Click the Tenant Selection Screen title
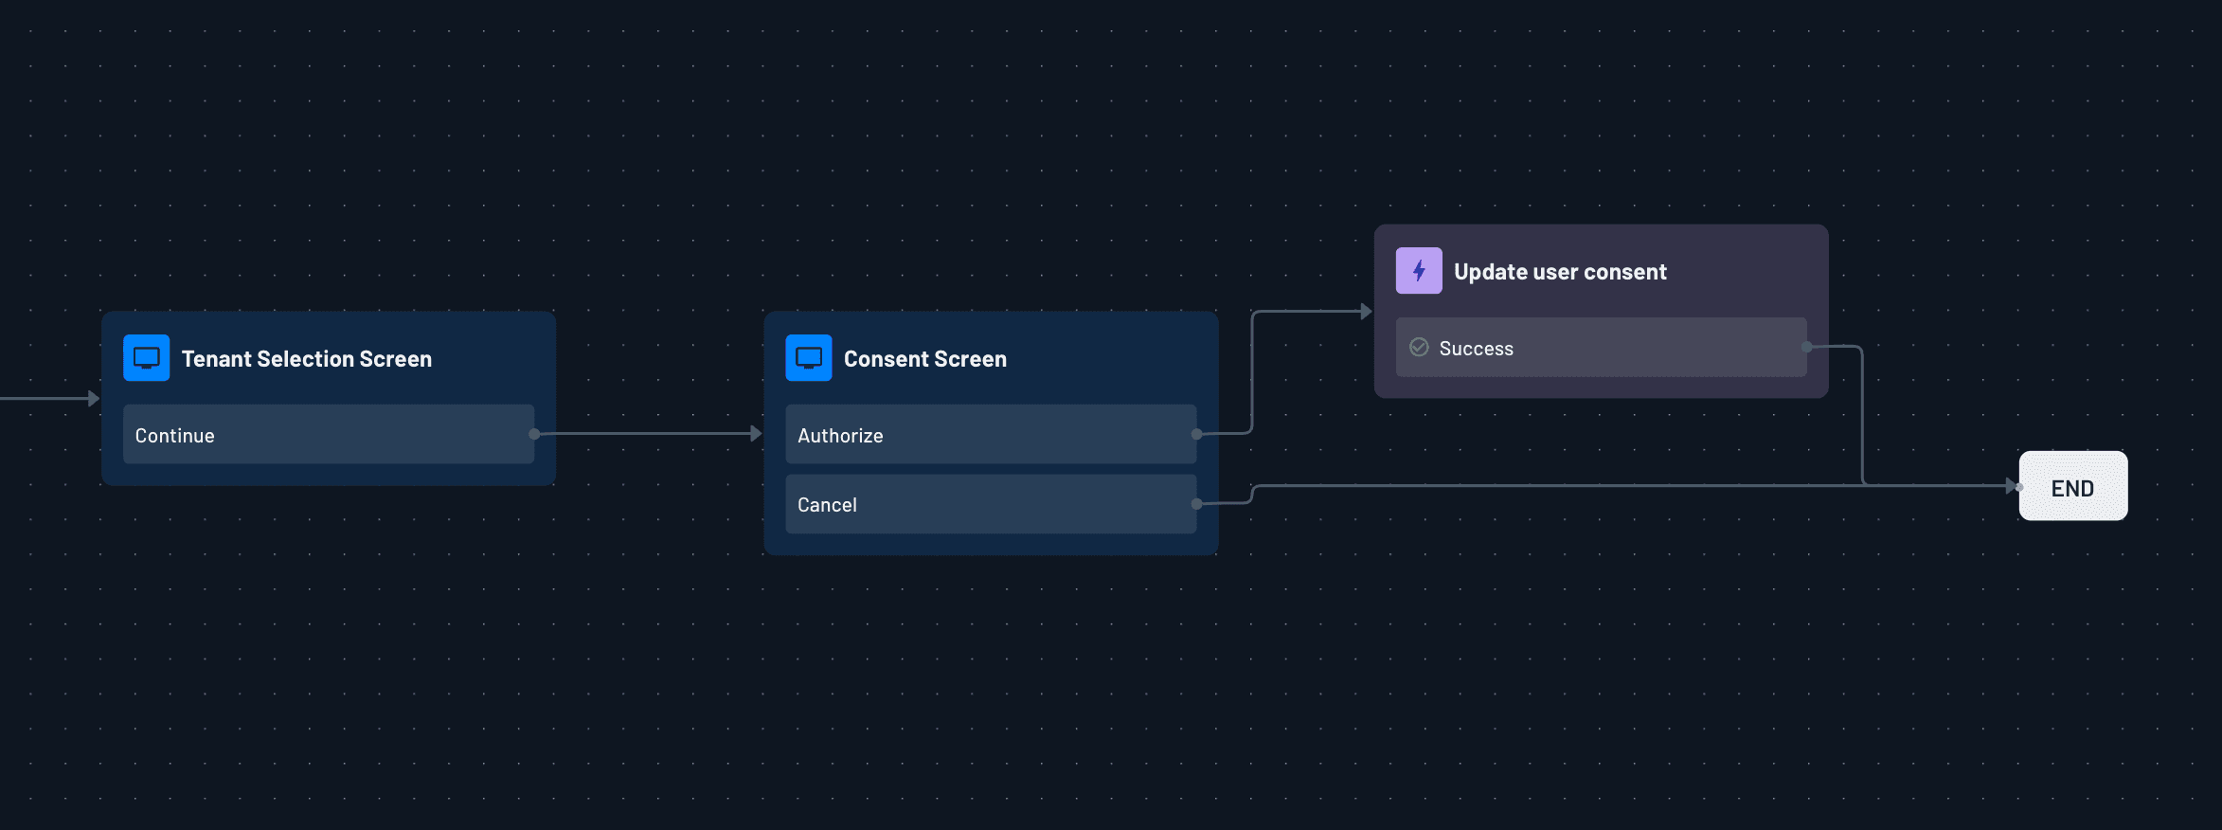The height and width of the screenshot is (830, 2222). pyautogui.click(x=306, y=359)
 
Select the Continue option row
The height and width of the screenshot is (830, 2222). pyautogui.click(x=328, y=435)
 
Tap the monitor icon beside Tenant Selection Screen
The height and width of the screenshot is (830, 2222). pyautogui.click(x=147, y=358)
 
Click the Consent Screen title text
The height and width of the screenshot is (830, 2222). pyautogui.click(x=924, y=359)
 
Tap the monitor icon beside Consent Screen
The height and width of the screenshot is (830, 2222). pyautogui.click(x=809, y=358)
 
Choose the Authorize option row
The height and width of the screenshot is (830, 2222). pyautogui.click(x=990, y=435)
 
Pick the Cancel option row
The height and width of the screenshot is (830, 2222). pyautogui.click(x=990, y=504)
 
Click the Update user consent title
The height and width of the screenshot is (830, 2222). pyautogui.click(x=1560, y=272)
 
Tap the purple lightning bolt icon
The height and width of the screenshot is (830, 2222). pyautogui.click(x=1419, y=271)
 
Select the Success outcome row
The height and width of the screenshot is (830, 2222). pyautogui.click(x=1601, y=348)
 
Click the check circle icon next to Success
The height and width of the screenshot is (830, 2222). pyautogui.click(x=1419, y=348)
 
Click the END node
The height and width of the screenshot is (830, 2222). pyautogui.click(x=2072, y=487)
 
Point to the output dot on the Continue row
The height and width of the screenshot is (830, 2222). pyautogui.click(x=534, y=434)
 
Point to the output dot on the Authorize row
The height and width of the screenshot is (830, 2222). pyautogui.click(x=1197, y=434)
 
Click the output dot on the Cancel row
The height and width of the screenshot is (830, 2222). pyautogui.click(x=1197, y=504)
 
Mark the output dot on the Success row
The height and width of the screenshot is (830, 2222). pyautogui.click(x=1807, y=347)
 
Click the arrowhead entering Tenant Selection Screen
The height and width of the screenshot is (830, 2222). pyautogui.click(x=94, y=399)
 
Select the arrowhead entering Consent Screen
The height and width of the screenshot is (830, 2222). pyautogui.click(x=756, y=434)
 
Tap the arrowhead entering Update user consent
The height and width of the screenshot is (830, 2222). pyautogui.click(x=1366, y=311)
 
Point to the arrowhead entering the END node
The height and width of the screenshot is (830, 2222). pyautogui.click(x=2012, y=486)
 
